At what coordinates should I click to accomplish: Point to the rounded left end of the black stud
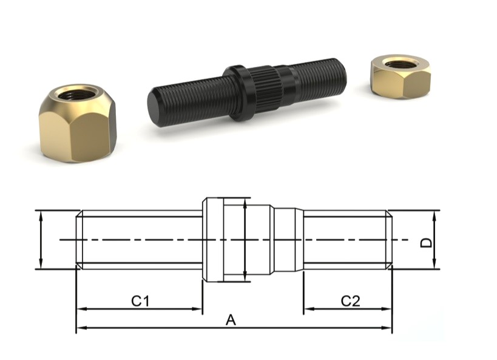tap(155, 109)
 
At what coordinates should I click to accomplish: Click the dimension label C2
tap(350, 301)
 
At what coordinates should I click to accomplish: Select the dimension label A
tap(230, 320)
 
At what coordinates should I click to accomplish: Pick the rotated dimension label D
tap(427, 242)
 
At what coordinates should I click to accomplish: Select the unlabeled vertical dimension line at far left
tap(40, 240)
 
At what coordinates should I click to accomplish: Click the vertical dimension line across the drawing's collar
tap(244, 240)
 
